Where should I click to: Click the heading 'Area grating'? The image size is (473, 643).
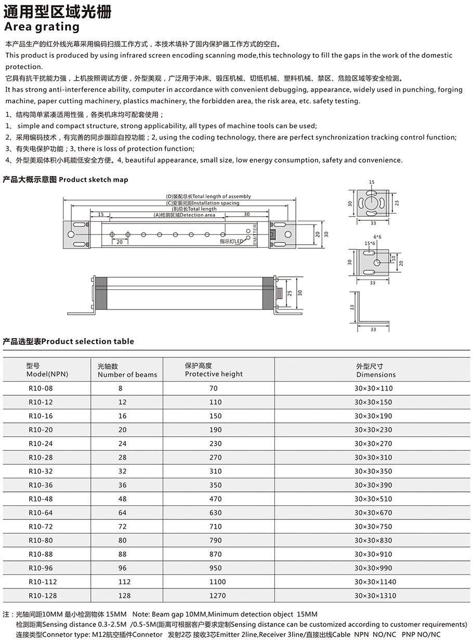[x=42, y=26]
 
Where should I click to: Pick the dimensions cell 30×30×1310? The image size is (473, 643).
[x=375, y=595]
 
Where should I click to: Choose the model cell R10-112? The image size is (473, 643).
[x=43, y=582]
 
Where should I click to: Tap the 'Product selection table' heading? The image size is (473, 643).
[x=69, y=341]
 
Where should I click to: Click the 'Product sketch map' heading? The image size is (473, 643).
[x=65, y=180]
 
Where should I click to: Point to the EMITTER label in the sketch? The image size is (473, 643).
[x=255, y=234]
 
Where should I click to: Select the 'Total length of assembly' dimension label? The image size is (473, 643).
[x=208, y=196]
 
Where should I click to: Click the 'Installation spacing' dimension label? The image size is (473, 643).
[x=206, y=203]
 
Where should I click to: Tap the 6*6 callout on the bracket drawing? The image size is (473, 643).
[x=377, y=237]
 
